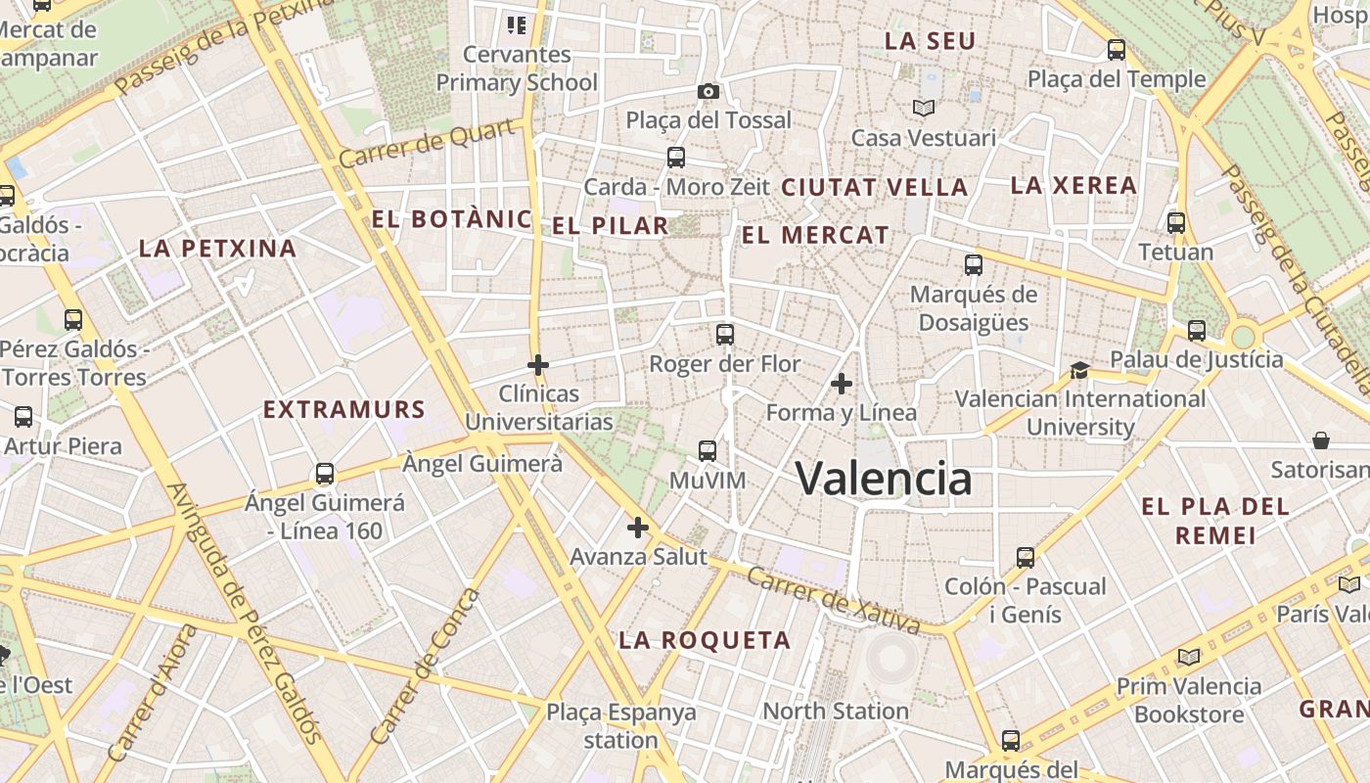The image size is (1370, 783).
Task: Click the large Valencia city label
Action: coord(884,479)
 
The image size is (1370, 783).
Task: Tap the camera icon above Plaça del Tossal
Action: coord(708,91)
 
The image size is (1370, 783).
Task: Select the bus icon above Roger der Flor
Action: coord(725,335)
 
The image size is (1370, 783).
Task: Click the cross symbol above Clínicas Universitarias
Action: coord(537,365)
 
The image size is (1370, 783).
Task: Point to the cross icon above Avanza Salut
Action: coord(638,529)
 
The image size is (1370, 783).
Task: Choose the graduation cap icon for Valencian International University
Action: coord(1079,370)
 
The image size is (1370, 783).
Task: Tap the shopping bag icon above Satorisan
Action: coord(1321,440)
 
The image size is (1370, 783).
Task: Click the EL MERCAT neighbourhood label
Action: coord(815,235)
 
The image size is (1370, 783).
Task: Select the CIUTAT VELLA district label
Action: coord(874,187)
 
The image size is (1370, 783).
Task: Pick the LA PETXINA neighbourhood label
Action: coord(217,249)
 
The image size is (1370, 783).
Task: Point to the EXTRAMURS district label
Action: coord(344,409)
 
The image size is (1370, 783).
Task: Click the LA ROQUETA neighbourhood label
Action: coord(705,640)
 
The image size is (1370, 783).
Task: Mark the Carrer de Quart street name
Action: coord(428,144)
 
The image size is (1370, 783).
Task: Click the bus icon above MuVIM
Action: coord(708,451)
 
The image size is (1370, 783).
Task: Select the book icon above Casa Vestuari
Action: coord(924,108)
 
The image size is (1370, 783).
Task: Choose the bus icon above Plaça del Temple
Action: coord(1117,50)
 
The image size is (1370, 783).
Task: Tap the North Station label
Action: coord(836,712)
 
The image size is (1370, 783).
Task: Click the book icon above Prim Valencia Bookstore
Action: coord(1189,657)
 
